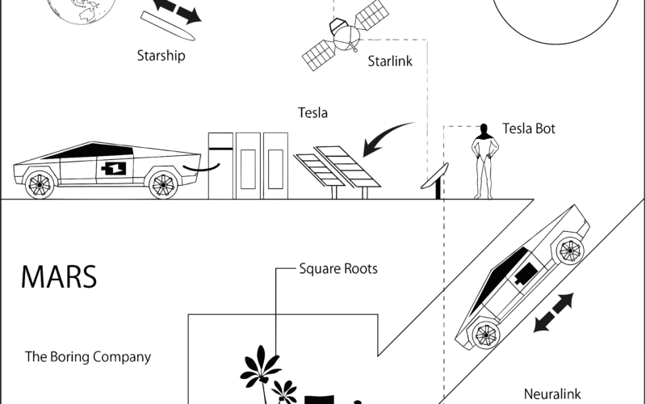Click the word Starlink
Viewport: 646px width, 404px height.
coord(390,61)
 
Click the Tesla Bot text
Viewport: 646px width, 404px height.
coord(529,128)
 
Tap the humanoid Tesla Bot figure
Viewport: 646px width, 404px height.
coord(484,161)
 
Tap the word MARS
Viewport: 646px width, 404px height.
coord(58,276)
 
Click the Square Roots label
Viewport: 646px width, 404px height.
coord(338,268)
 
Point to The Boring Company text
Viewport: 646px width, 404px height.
coord(88,356)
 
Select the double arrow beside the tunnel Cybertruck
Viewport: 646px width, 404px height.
coord(553,314)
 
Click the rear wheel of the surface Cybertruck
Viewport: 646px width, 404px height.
coord(38,185)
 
